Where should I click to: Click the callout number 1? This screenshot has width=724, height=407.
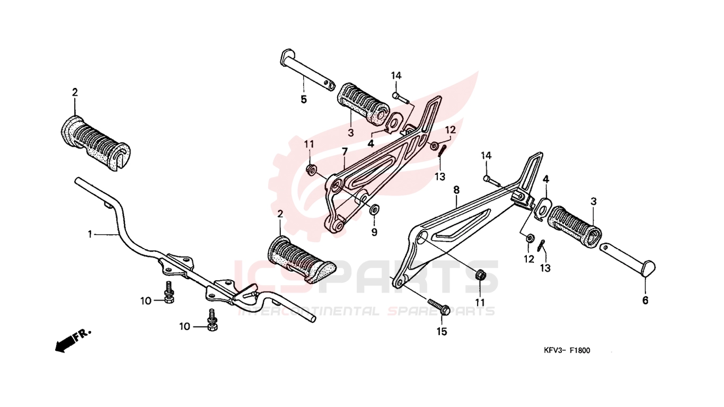point(90,234)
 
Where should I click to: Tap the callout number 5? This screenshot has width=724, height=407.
point(304,100)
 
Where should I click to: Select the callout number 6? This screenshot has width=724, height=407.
point(645,300)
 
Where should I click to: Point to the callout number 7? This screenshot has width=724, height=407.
point(345,152)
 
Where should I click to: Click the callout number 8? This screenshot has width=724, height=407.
point(456,190)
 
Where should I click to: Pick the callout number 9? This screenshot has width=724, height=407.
point(374,232)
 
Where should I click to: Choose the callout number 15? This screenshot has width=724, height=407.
point(442,332)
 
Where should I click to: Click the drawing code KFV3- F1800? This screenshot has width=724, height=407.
point(567,350)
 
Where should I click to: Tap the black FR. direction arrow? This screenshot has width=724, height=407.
point(73,342)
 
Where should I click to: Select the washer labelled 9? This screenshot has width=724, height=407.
point(374,209)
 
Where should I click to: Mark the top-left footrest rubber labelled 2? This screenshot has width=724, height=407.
point(95,143)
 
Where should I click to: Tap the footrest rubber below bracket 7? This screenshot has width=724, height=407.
point(301,260)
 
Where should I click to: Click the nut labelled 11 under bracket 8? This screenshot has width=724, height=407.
point(480,275)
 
